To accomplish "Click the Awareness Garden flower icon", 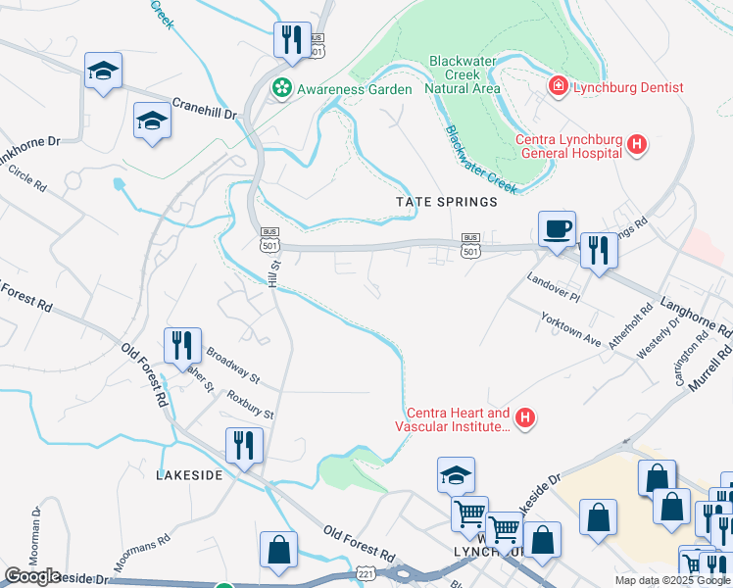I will (x=283, y=88).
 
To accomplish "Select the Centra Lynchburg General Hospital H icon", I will (x=638, y=145).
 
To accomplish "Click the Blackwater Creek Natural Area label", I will (x=460, y=74).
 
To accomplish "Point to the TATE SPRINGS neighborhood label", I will (x=447, y=202).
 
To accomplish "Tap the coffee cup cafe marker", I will (x=557, y=229).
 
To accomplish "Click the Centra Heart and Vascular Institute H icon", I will (x=525, y=419).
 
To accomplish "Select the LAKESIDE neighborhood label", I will (x=190, y=474).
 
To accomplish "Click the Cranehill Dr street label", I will (x=206, y=109).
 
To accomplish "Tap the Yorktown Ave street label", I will (x=570, y=329).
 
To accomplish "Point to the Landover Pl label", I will (x=554, y=281).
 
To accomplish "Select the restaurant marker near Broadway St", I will (x=183, y=346).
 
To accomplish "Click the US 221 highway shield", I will (x=365, y=571).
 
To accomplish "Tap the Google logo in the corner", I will (x=32, y=576).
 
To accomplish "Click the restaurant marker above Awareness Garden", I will (x=292, y=40).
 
